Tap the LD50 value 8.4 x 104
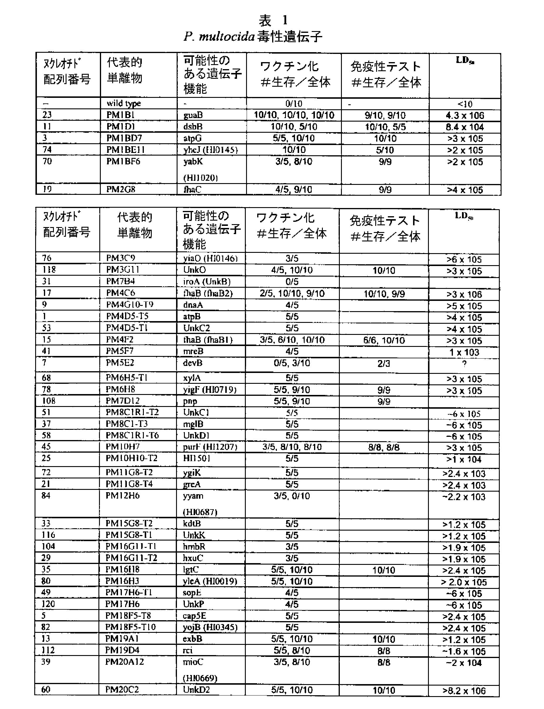pyautogui.click(x=465, y=127)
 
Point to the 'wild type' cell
pyautogui.click(x=124, y=103)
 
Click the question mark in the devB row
pyautogui.click(x=464, y=364)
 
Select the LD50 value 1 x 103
pyautogui.click(x=464, y=352)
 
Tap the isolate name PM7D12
pyautogui.click(x=122, y=401)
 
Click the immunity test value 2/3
pyautogui.click(x=383, y=364)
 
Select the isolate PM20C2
pyautogui.click(x=122, y=690)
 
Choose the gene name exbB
pyautogui.click(x=192, y=639)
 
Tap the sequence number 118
pyautogui.click(x=49, y=270)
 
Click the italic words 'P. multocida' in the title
pyautogui.click(x=219, y=37)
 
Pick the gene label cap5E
pyautogui.click(x=194, y=616)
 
